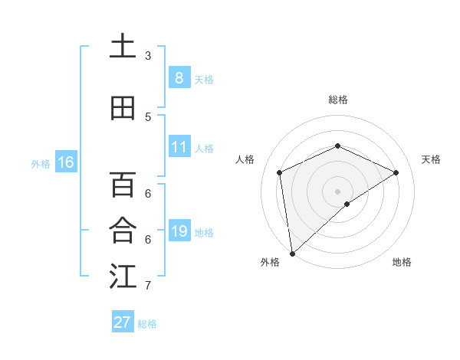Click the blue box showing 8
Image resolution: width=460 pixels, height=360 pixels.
179,78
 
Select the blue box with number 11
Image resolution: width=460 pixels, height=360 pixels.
179,147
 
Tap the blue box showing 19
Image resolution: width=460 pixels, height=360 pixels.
179,231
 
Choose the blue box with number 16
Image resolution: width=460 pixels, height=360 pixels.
65,162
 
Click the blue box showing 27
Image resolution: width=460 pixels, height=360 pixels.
123,322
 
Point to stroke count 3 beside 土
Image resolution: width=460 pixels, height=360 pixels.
148,55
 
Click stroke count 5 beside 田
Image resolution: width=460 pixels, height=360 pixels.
148,116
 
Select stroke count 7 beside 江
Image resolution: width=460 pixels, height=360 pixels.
148,286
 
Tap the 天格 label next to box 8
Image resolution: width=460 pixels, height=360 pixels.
204,79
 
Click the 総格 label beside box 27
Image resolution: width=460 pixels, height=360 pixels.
147,324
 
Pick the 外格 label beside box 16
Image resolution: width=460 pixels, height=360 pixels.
40,163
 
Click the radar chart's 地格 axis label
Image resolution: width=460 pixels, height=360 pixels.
402,262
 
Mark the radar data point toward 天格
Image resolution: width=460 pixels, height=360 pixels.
396,172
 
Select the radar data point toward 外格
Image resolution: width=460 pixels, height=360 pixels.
292,253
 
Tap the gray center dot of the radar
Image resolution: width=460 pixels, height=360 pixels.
337,191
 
